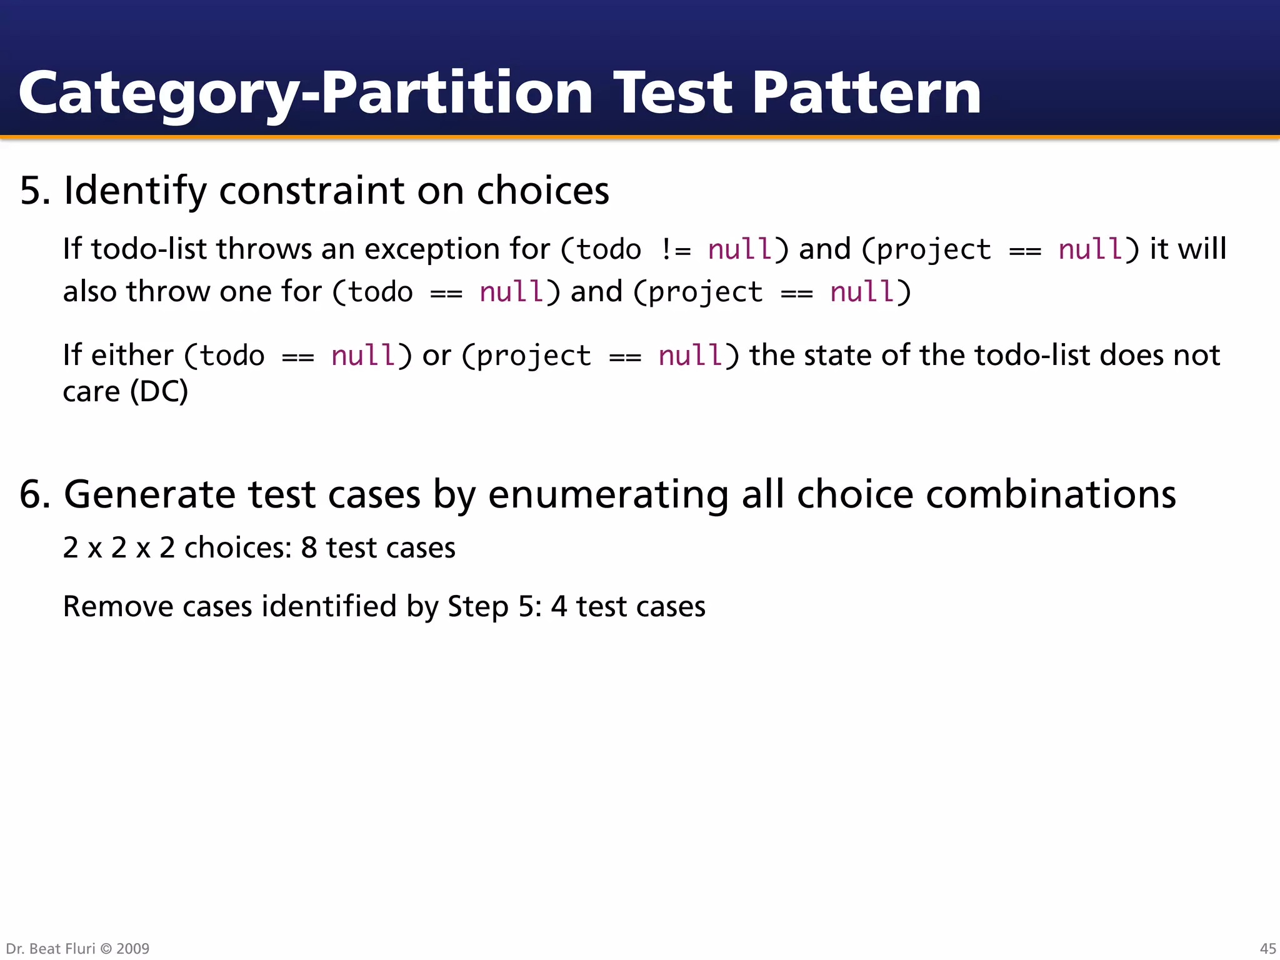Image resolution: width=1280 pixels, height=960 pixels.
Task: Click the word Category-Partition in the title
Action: click(305, 94)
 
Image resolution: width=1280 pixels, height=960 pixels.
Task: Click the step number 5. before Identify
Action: click(35, 191)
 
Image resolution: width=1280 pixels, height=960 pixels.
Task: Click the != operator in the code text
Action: click(675, 250)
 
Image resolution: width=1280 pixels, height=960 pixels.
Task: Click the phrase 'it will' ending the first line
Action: click(1188, 249)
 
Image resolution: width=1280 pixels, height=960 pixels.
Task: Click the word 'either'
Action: click(132, 355)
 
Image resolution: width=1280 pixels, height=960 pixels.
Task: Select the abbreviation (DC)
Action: click(159, 392)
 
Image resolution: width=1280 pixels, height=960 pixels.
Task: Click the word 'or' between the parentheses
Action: click(436, 356)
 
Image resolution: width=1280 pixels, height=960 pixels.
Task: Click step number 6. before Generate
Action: click(35, 494)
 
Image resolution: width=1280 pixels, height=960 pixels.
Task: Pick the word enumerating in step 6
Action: click(608, 494)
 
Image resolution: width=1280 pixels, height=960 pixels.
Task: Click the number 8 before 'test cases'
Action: click(309, 548)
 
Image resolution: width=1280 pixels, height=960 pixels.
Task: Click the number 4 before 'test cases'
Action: click(559, 607)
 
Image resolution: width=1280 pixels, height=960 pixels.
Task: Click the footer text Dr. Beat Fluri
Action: click(50, 949)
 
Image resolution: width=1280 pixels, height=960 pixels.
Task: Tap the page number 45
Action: click(1267, 949)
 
